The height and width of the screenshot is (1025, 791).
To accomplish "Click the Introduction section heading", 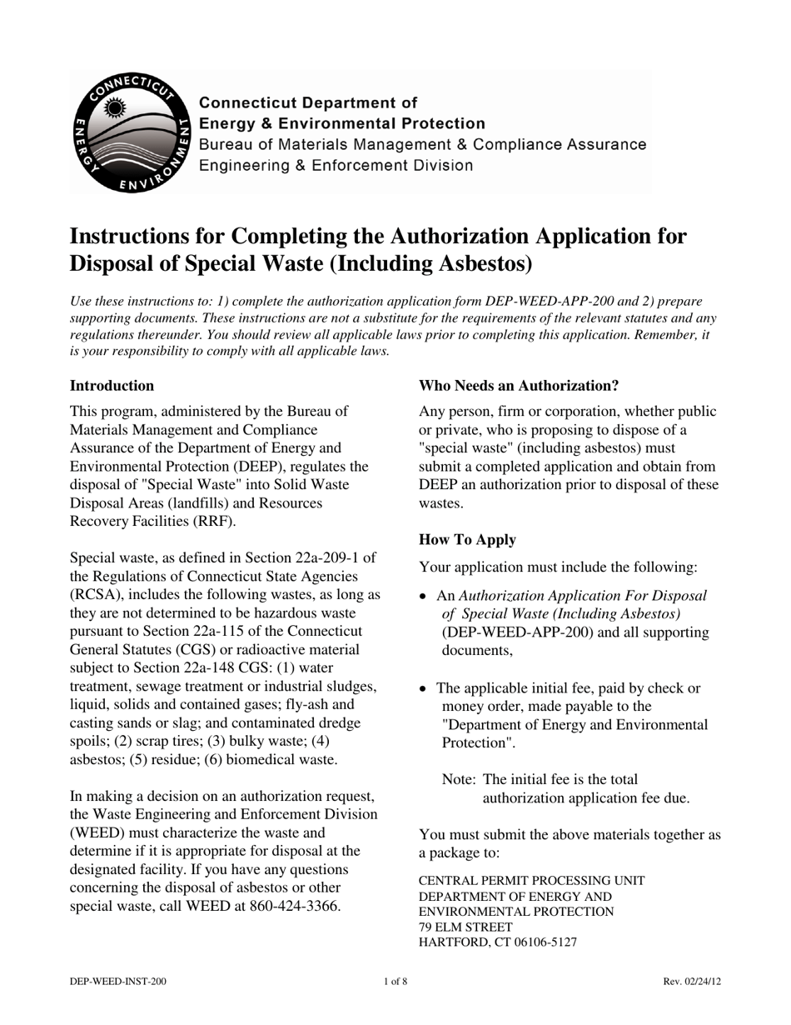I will coord(112,386).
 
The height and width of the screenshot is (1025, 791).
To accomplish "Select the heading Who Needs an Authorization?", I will coord(519,386).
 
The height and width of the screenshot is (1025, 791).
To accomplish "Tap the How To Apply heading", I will coord(467,540).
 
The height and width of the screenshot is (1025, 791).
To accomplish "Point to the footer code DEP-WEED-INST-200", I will coord(117,982).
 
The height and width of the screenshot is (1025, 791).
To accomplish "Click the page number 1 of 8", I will coord(395,982).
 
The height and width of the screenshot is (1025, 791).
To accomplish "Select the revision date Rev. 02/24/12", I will coord(691,982).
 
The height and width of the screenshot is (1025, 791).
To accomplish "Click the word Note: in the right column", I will coord(459,780).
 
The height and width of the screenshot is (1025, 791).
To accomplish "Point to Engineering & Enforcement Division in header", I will coord(335,166).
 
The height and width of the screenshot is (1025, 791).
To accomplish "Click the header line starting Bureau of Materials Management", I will coord(421,145).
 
